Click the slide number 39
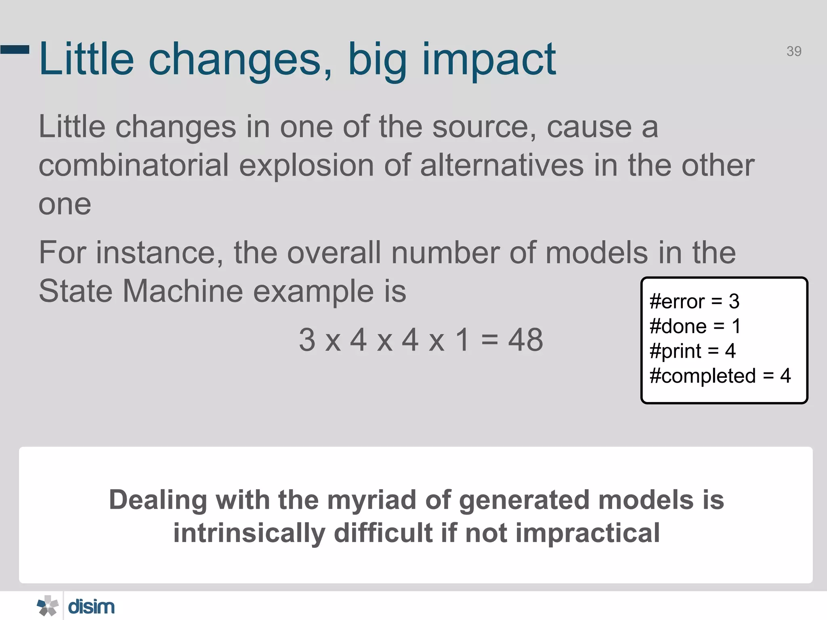pos(793,51)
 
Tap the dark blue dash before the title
pos(15,50)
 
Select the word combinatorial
pos(134,165)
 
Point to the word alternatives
pos(502,165)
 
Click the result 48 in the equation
pos(525,340)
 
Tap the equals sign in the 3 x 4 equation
pos(489,340)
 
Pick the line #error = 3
pos(694,301)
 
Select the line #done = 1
pos(695,326)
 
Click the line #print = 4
pos(693,351)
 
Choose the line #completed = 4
pos(720,376)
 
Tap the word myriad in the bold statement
pos(372,500)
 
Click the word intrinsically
pos(249,533)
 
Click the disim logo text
pos(91,607)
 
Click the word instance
pos(159,253)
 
